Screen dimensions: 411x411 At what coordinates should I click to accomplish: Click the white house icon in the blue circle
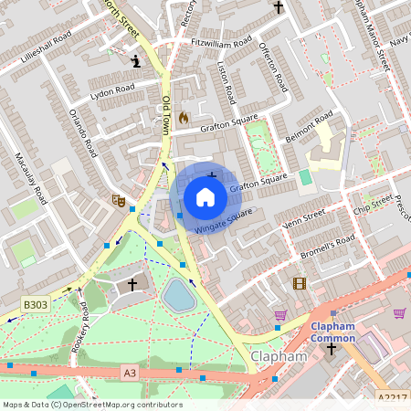205,197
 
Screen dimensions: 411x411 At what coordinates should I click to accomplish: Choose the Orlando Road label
82,133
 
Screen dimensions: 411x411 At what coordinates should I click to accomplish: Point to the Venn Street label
304,218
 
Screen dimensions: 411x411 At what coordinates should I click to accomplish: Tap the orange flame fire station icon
183,118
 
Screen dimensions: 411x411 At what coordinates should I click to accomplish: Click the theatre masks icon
117,198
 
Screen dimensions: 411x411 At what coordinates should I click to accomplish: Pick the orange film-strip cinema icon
300,283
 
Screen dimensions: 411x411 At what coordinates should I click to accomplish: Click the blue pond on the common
178,295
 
